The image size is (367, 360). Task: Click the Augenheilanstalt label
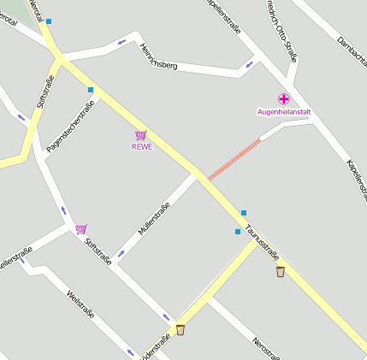click(x=284, y=112)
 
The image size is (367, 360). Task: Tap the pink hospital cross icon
click(x=284, y=99)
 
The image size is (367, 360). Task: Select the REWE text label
click(x=141, y=146)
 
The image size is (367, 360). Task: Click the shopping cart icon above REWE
click(x=141, y=135)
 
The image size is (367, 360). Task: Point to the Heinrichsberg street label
click(x=158, y=56)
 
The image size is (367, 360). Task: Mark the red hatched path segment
click(x=234, y=159)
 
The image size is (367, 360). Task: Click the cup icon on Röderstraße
click(x=180, y=330)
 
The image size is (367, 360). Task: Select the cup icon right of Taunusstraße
click(x=281, y=272)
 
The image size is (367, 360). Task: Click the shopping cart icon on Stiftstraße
click(x=80, y=228)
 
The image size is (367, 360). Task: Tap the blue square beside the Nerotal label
click(x=49, y=21)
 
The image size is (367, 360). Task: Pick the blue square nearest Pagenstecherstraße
click(x=90, y=89)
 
